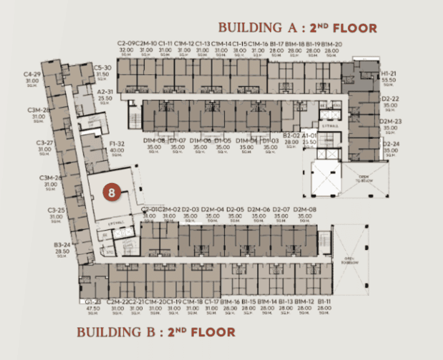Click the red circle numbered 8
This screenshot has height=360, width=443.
(x=112, y=193)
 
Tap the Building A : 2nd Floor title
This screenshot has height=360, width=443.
(x=298, y=28)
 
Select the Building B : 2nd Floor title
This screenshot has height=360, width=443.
(x=156, y=332)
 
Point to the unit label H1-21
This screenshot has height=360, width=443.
(x=388, y=74)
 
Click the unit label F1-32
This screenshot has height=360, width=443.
(x=117, y=143)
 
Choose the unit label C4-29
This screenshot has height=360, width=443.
(x=32, y=74)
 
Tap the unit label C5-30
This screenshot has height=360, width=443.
(x=103, y=67)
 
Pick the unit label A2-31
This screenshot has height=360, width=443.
(x=105, y=92)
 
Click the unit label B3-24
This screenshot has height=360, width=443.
(x=62, y=244)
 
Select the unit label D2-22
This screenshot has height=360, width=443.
(x=390, y=98)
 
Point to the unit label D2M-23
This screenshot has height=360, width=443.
(x=390, y=121)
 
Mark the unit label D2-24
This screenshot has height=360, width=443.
(x=390, y=144)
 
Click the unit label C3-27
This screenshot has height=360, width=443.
(x=45, y=143)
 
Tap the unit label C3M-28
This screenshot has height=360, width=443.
(x=39, y=110)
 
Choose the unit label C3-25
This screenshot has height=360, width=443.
(x=56, y=210)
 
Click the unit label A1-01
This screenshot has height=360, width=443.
(x=309, y=135)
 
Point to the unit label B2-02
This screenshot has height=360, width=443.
(x=291, y=135)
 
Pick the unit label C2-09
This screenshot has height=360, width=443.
(x=126, y=44)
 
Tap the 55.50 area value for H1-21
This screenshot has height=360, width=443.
(x=388, y=80)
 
